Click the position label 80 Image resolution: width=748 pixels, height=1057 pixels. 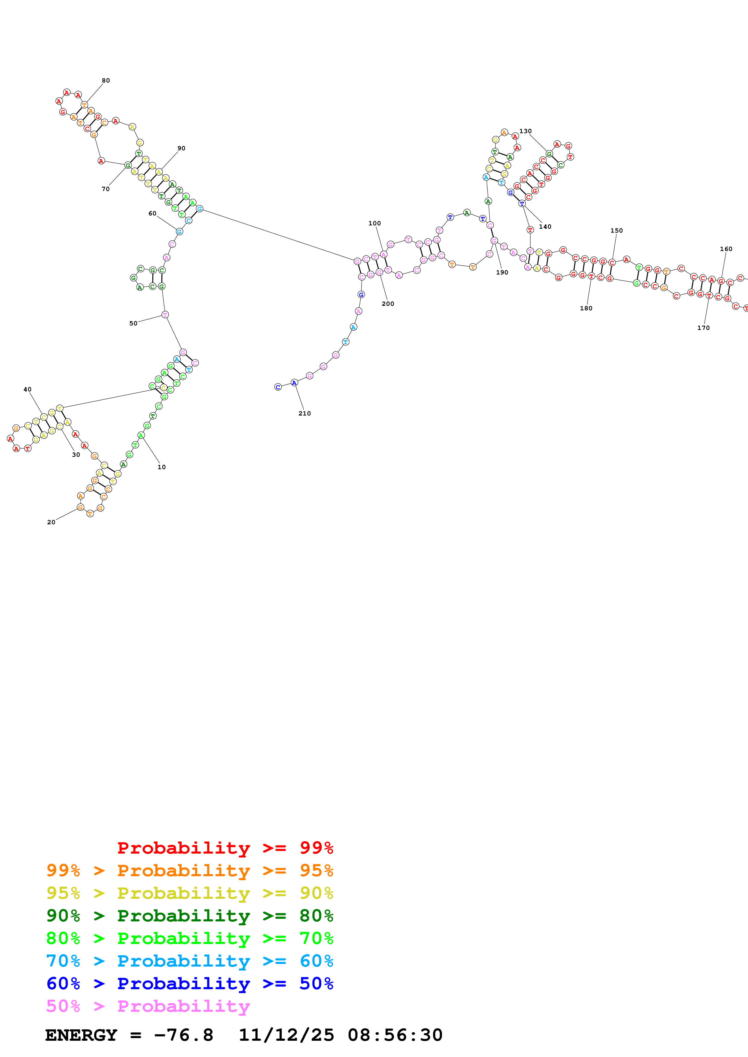[x=106, y=80]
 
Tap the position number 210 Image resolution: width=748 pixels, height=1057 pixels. [x=305, y=413]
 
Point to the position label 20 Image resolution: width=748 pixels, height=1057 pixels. [x=51, y=522]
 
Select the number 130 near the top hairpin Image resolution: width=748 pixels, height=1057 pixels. [x=525, y=131]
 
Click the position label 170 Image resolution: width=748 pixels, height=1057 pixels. [x=703, y=328]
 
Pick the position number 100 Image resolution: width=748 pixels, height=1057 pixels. [x=375, y=223]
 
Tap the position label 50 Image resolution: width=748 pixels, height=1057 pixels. [x=133, y=323]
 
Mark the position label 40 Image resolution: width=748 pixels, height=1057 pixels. [x=28, y=390]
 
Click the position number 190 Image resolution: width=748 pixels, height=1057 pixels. [x=502, y=273]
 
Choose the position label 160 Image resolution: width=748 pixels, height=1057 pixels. [x=726, y=249]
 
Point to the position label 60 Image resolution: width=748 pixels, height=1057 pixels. [x=153, y=214]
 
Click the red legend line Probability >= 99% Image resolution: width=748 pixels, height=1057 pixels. [x=225, y=848]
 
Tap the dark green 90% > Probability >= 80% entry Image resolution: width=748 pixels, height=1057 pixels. [x=190, y=916]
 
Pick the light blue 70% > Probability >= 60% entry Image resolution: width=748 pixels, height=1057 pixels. [x=190, y=961]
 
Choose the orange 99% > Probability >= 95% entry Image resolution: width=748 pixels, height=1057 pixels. [x=190, y=870]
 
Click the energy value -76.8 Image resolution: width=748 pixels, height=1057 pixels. [x=183, y=1035]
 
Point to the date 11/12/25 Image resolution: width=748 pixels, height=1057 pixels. [x=286, y=1035]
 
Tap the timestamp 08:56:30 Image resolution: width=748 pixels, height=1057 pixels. [x=395, y=1035]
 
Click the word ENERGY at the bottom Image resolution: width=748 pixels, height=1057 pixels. [x=81, y=1035]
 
